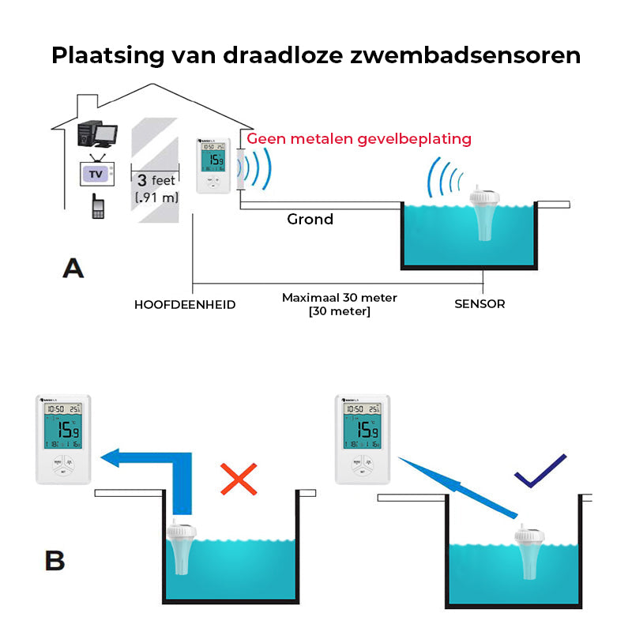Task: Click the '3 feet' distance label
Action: point(156,181)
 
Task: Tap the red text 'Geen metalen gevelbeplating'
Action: point(359,139)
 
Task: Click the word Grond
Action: point(310,220)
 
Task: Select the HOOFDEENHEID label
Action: point(185,304)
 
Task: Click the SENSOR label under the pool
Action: point(480,303)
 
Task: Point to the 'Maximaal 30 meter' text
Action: point(340,298)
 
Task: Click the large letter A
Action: point(73,269)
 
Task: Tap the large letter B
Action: point(55,561)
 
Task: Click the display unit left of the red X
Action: point(65,438)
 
